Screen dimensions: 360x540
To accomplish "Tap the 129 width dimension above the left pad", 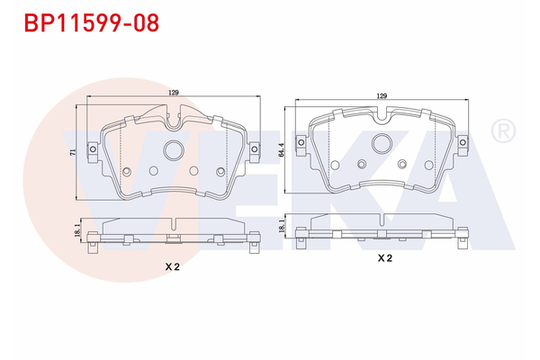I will coord(173,92).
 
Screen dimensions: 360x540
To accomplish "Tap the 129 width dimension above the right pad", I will coord(382,95).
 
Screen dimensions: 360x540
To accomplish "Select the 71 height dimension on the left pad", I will coord(74,152).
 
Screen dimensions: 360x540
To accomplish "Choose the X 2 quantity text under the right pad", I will coord(384,258).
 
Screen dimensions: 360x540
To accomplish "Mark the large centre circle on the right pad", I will coord(382,143).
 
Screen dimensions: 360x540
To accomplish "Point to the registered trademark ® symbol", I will coord(501,132).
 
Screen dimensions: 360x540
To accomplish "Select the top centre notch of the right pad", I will coord(382,114).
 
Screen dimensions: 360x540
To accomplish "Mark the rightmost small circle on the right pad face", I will coord(424,164).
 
